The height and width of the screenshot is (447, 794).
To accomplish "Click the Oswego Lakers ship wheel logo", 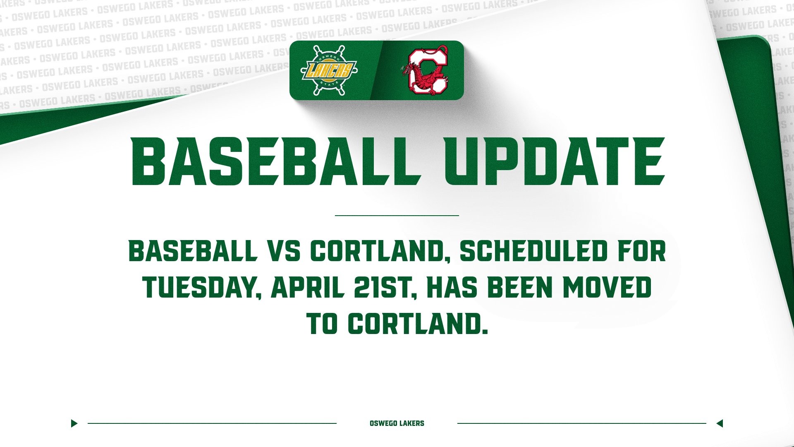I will (x=329, y=70).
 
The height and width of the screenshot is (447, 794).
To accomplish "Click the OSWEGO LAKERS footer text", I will (x=397, y=423).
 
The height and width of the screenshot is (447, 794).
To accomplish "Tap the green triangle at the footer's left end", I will (x=74, y=423).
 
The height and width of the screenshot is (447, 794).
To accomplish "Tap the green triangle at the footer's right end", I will (x=720, y=423).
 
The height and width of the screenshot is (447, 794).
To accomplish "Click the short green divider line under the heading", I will (x=397, y=215).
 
